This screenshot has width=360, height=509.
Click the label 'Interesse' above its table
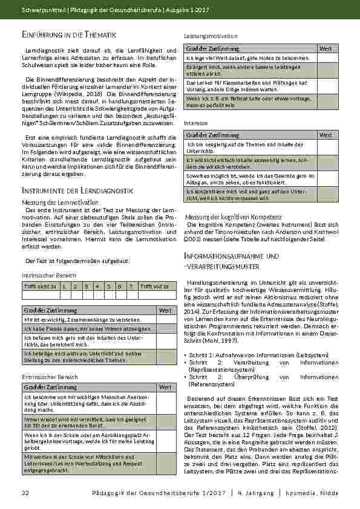[x=195, y=122]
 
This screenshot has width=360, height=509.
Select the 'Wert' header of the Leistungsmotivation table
[x=325, y=48]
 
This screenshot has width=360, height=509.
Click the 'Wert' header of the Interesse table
[x=325, y=135]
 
